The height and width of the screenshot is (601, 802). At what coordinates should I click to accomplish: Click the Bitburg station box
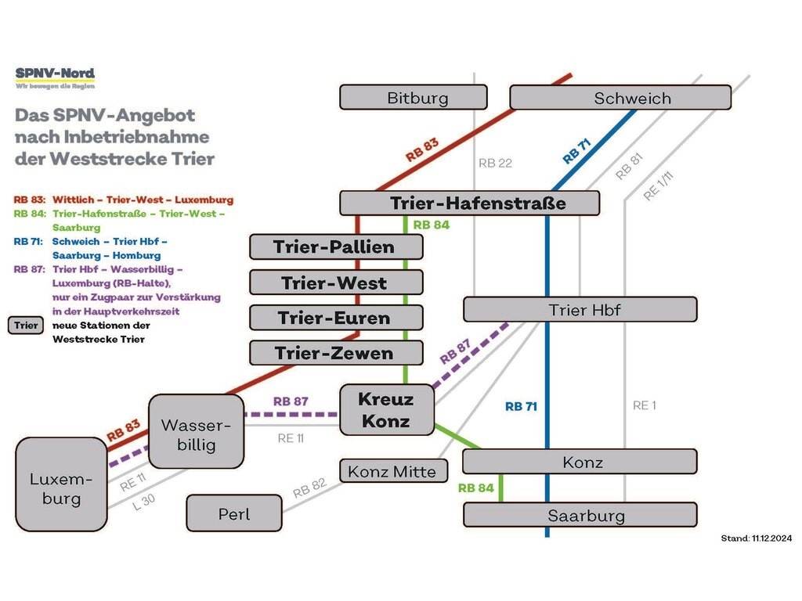[413, 98]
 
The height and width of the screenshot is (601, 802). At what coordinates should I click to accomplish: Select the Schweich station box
[620, 98]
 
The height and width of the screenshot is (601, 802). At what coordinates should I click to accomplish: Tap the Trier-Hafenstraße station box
[469, 203]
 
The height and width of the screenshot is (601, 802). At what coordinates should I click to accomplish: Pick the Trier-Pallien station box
[336, 247]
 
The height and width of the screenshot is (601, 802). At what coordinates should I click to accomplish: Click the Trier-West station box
[336, 283]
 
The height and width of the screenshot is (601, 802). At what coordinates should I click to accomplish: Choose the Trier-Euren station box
[336, 318]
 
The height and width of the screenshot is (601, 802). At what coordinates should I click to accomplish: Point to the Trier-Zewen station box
[336, 353]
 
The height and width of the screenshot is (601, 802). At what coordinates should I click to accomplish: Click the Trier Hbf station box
[580, 310]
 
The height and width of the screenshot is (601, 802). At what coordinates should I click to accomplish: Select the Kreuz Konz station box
[385, 410]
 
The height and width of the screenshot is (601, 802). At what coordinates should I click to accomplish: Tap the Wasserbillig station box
[196, 432]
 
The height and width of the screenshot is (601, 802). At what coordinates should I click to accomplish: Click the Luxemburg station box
[61, 485]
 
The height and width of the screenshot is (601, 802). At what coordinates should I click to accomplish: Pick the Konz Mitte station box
[394, 471]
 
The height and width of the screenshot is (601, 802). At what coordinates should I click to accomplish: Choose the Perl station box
[233, 513]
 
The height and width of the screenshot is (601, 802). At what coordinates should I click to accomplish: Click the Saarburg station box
[580, 515]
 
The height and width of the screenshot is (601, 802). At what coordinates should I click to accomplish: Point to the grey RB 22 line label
[495, 164]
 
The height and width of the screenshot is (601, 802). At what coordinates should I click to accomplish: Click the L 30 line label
[143, 502]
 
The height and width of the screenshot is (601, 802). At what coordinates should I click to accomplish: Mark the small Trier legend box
[26, 326]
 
